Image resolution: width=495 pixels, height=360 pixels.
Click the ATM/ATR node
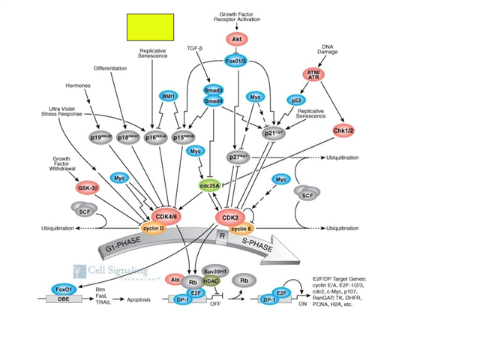pos(316,73)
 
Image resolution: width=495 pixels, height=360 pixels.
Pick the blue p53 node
pos(296,99)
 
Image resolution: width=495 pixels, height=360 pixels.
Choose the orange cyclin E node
pos(244,228)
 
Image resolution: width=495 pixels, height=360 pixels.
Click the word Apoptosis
pos(139,299)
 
